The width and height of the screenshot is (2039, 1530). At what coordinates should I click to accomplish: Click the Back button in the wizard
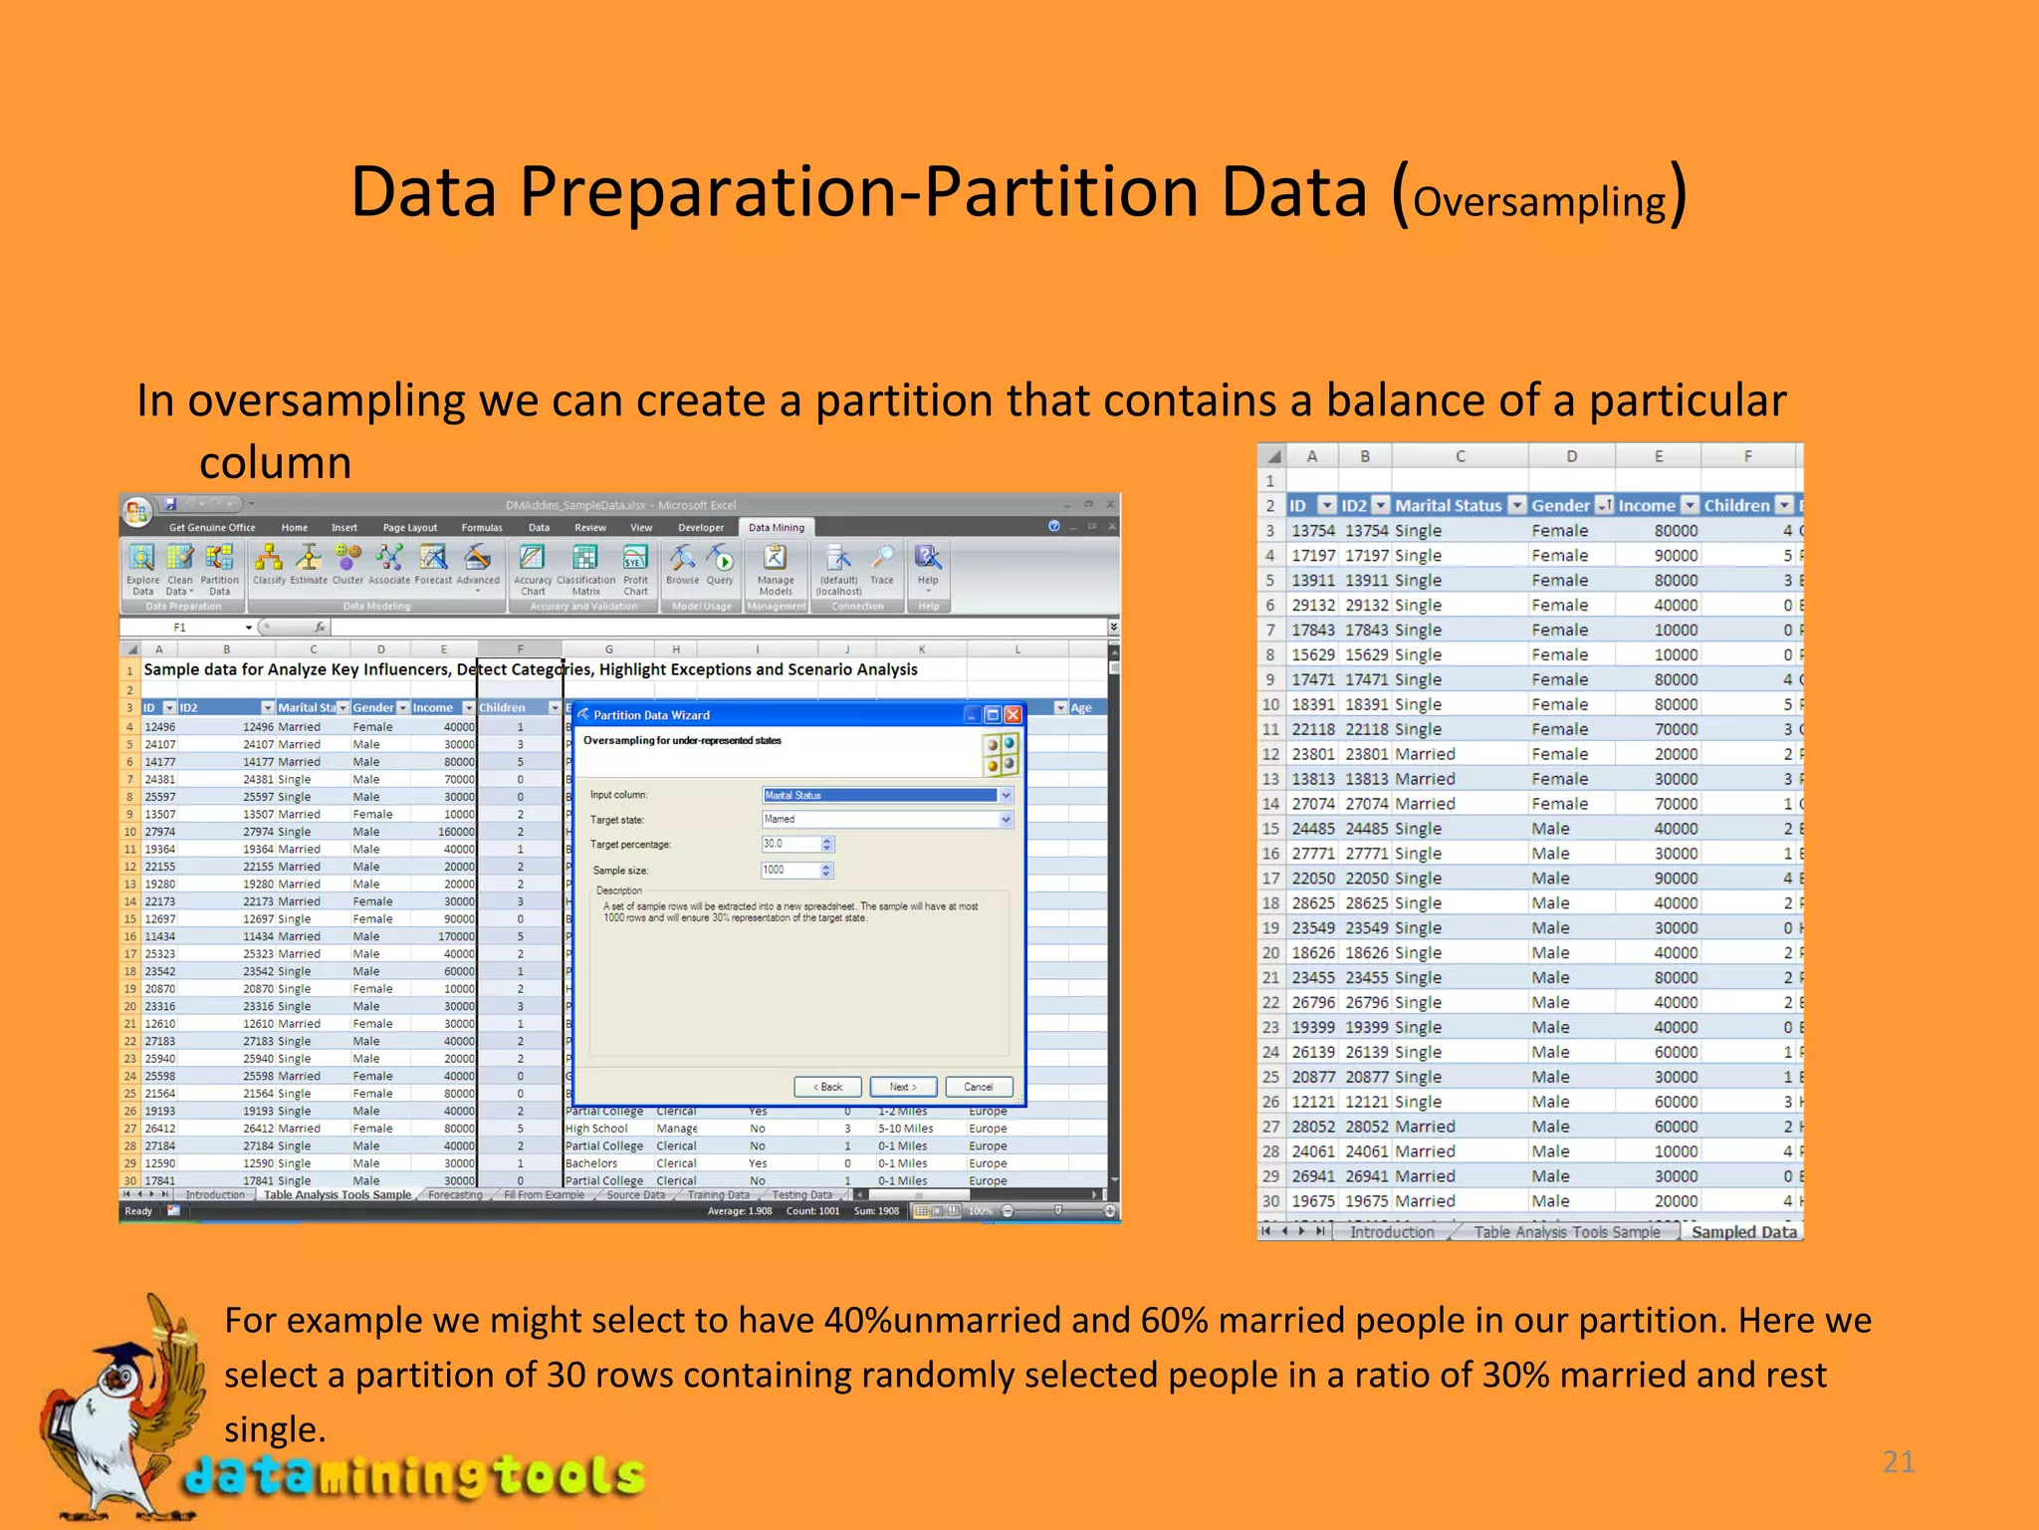click(827, 1087)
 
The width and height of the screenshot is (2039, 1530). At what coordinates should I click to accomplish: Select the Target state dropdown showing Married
click(886, 820)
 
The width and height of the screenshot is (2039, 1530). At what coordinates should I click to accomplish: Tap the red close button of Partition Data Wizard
click(1013, 715)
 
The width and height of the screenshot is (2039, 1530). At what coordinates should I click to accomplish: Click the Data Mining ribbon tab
click(776, 528)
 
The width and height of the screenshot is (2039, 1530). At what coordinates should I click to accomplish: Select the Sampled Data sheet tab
click(1743, 1232)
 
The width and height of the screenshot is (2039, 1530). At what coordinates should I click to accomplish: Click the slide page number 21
click(1898, 1462)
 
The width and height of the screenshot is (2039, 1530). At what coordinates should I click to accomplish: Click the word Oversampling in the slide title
click(1538, 202)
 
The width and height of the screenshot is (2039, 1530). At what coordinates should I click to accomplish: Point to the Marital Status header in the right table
click(1448, 506)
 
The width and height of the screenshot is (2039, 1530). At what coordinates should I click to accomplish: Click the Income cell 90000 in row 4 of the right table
click(1676, 556)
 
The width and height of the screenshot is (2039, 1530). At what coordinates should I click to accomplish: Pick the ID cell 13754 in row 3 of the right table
click(1312, 531)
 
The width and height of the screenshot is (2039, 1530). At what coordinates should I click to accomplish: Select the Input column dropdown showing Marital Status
click(886, 795)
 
